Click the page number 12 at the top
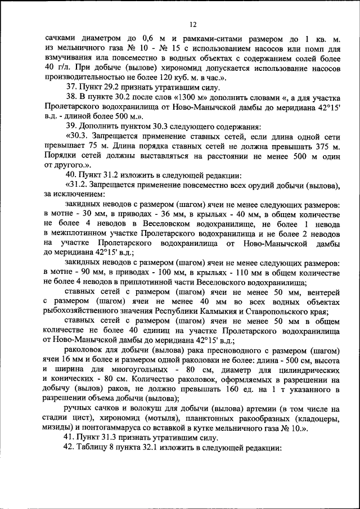192,24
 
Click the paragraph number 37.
71,87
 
